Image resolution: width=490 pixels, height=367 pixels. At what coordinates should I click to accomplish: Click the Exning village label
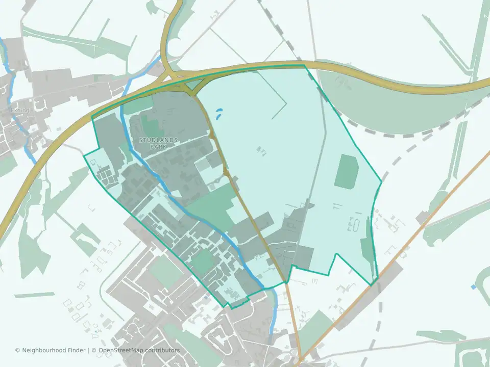point(19,110)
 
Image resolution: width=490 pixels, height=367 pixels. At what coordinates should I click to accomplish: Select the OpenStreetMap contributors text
point(139,350)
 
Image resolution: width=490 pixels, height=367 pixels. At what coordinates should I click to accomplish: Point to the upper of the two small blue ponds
point(220,110)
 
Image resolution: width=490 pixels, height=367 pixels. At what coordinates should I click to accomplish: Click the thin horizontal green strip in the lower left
point(34,295)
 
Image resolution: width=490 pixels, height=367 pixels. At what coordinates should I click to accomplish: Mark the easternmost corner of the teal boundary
point(381,181)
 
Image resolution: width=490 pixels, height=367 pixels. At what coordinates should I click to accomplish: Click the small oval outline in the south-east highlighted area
point(355,224)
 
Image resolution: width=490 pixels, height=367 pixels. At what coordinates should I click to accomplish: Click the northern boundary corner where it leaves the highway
point(305,65)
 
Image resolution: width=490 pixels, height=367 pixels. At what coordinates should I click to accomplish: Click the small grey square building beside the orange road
point(422,218)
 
